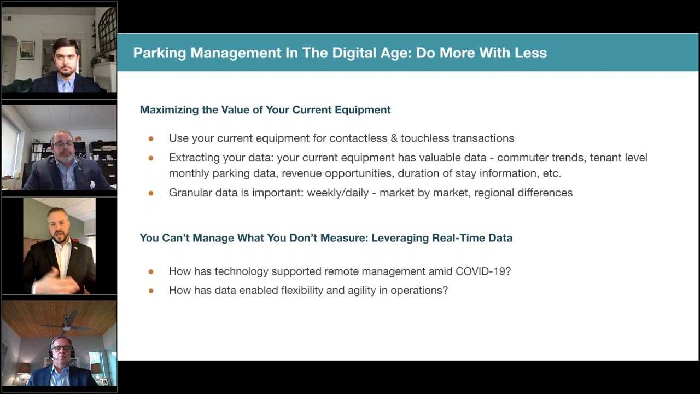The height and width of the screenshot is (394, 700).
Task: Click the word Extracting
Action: tap(192, 158)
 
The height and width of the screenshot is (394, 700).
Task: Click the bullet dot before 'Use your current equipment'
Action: tap(151, 138)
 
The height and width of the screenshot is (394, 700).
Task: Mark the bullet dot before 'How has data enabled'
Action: tap(151, 291)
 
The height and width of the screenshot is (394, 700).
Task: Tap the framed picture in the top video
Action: tap(27, 50)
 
